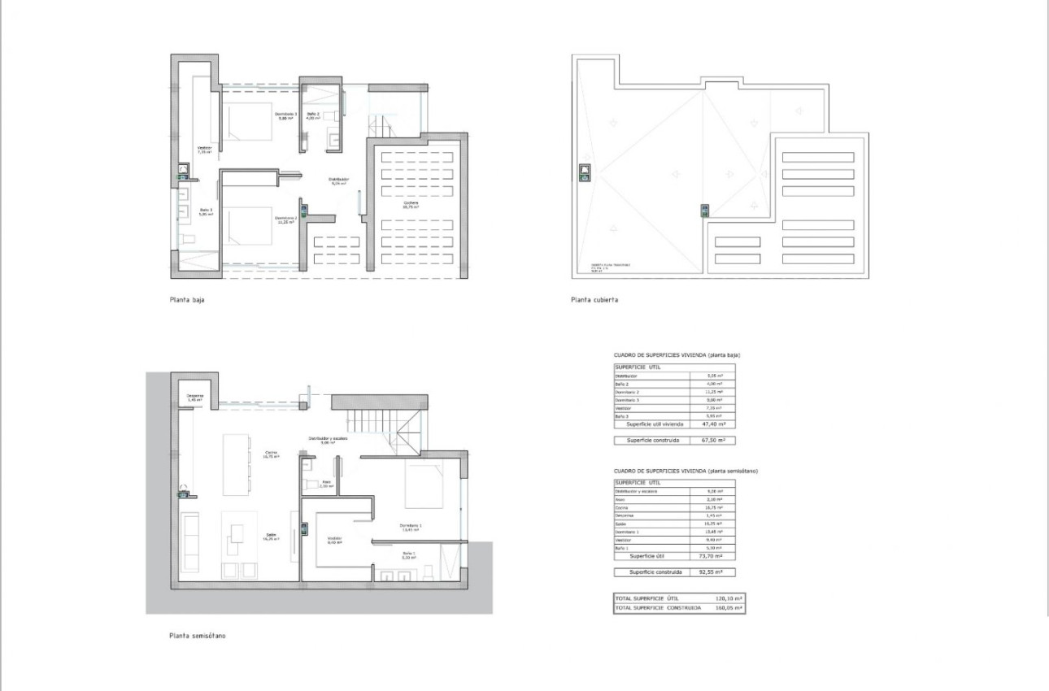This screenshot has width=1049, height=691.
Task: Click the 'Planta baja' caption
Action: [187, 300]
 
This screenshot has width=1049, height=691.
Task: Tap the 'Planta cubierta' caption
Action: [594, 300]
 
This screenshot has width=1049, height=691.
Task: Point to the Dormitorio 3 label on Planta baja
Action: [285, 115]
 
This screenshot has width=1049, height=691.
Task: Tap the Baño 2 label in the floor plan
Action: [313, 115]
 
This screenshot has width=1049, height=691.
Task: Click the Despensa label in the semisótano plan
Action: [194, 398]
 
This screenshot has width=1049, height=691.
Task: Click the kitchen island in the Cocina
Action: [235, 466]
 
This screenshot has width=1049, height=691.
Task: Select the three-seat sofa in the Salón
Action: [189, 542]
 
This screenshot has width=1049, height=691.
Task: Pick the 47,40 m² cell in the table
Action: [712, 424]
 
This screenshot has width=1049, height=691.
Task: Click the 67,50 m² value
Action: [712, 440]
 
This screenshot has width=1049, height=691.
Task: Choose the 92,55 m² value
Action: [712, 572]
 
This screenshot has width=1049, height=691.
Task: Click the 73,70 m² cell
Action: [712, 556]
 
